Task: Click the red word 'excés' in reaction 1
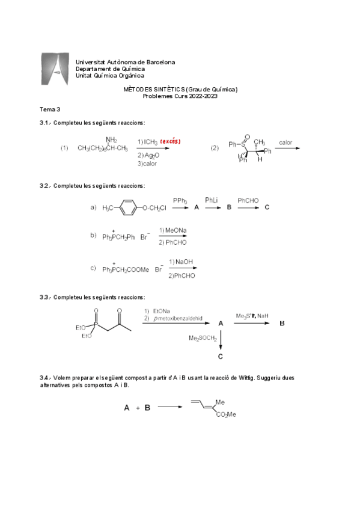170,141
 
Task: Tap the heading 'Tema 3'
50,109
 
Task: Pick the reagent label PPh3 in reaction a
180,200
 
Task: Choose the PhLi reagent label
212,200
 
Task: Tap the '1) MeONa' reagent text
173,230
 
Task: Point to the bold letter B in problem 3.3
282,324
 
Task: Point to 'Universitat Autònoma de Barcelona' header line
125,62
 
